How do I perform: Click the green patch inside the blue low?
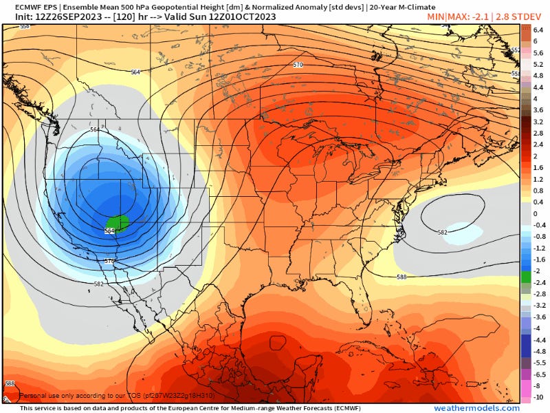tap(118, 223)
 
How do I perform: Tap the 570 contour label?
tap(298, 65)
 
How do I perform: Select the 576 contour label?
tap(109, 261)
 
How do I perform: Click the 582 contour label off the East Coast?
tap(443, 232)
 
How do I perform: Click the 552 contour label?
tap(515, 50)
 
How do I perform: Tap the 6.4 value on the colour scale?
tap(538, 30)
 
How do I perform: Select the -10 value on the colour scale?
tap(538, 397)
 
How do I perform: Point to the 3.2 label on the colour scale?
tap(538, 121)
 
